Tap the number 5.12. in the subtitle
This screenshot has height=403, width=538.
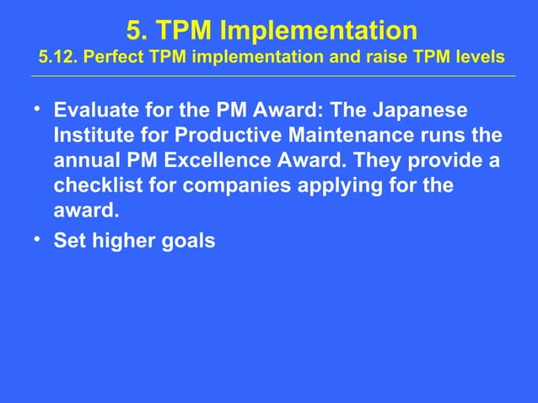pyautogui.click(x=58, y=58)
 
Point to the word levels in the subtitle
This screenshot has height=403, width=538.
pyautogui.click(x=479, y=58)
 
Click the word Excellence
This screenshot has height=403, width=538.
pyautogui.click(x=220, y=159)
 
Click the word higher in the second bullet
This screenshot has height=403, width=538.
pyautogui.click(x=120, y=241)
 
